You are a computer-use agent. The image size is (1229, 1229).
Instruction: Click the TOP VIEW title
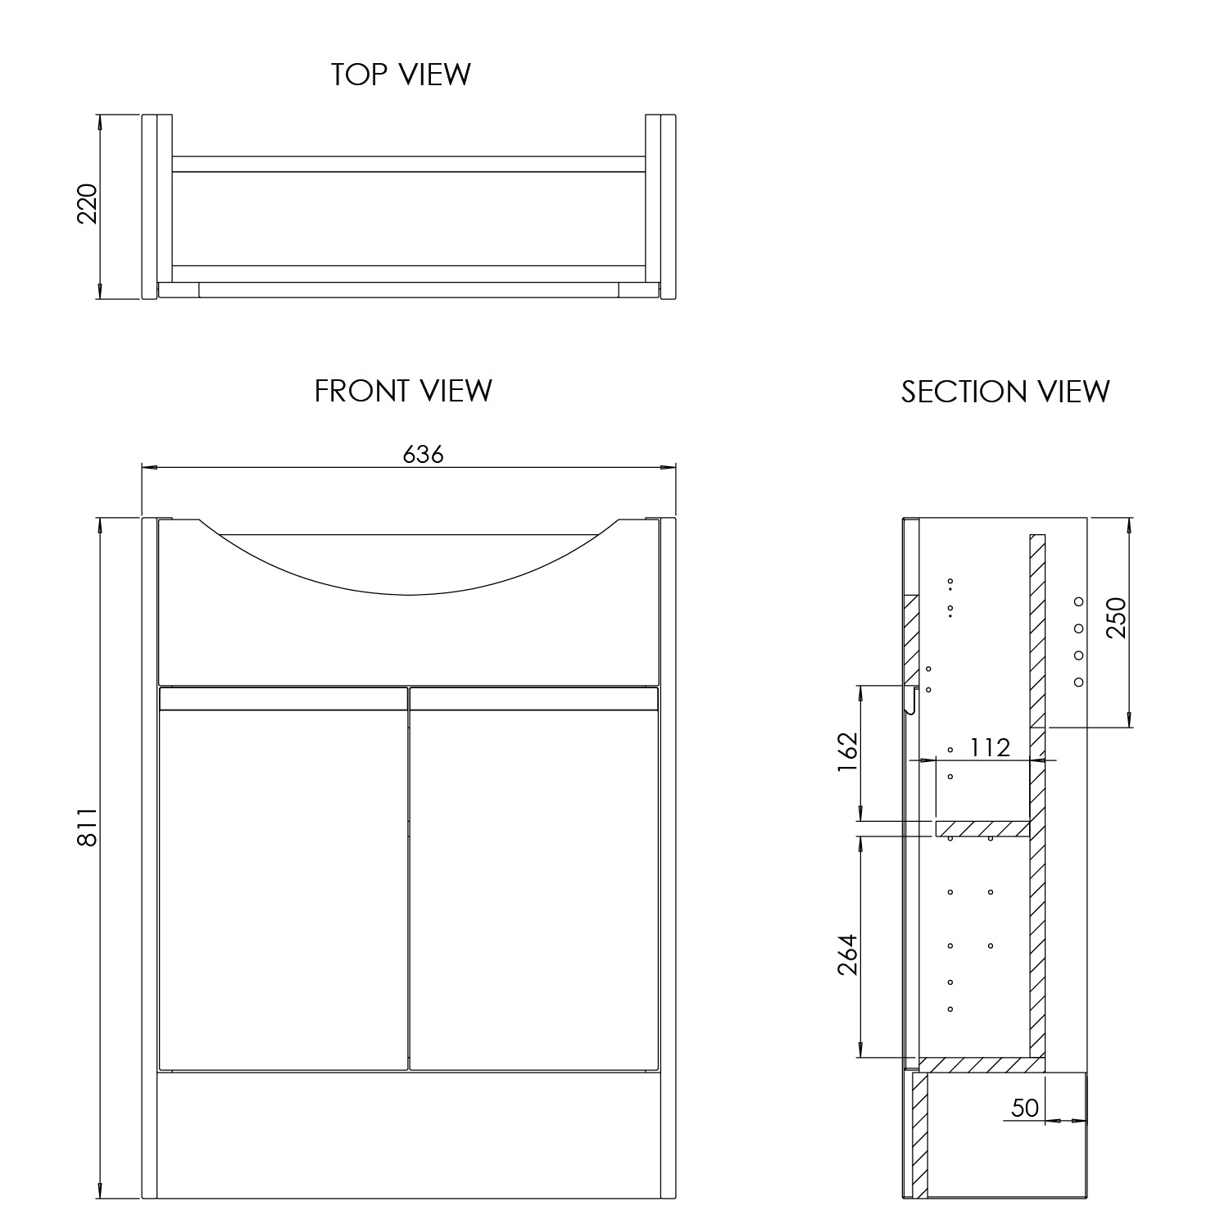click(x=401, y=75)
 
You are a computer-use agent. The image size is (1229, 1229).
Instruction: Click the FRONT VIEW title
click(x=403, y=391)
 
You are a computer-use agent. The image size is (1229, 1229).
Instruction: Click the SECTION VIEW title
click(x=1005, y=392)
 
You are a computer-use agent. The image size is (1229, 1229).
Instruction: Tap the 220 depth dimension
click(x=87, y=204)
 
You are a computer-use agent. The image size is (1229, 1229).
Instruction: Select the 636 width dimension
click(x=423, y=453)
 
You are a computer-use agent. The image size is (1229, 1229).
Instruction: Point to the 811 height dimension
click(x=87, y=828)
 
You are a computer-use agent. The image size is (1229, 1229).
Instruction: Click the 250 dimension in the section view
click(x=1116, y=618)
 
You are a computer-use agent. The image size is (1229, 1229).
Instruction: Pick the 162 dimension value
click(x=847, y=751)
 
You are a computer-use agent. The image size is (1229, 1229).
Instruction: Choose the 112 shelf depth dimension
click(x=990, y=747)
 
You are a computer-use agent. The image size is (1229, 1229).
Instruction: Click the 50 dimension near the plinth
click(x=1024, y=1108)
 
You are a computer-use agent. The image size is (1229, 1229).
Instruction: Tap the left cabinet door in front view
click(x=283, y=889)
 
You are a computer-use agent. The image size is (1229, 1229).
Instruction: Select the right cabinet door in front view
click(x=533, y=889)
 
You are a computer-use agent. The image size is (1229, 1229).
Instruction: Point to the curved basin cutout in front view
click(x=408, y=565)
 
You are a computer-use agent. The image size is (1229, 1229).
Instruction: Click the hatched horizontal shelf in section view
click(x=982, y=829)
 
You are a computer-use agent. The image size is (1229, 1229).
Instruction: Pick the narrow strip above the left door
click(x=283, y=699)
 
